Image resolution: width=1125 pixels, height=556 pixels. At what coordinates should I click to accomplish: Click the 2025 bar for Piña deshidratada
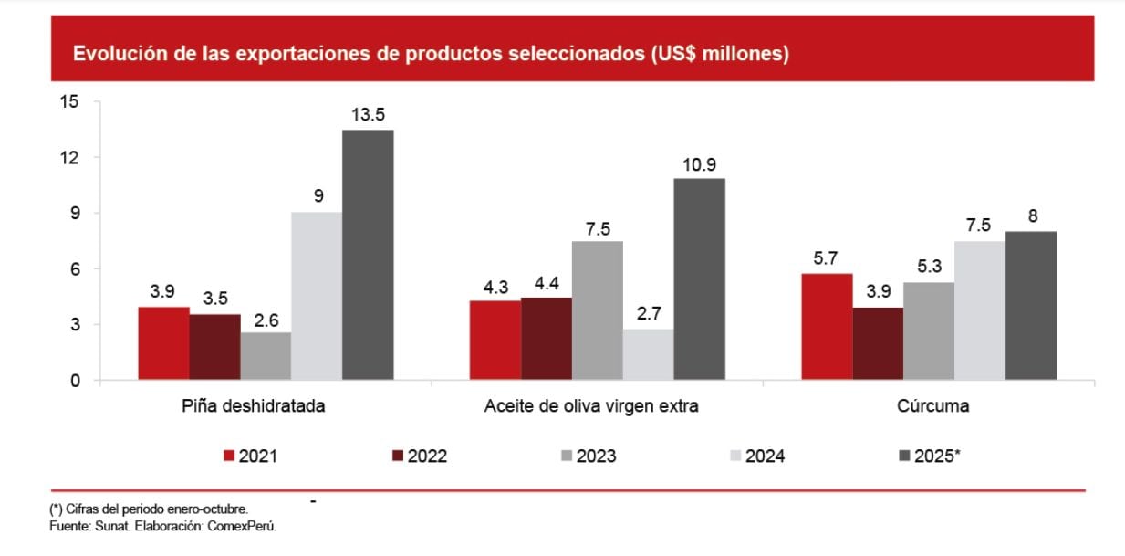(x=368, y=255)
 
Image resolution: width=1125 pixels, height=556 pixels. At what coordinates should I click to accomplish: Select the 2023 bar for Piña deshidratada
(x=266, y=356)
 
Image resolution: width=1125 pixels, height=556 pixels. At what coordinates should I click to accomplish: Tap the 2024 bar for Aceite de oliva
(x=648, y=354)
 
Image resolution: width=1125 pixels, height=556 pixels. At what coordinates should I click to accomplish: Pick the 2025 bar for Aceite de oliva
(x=700, y=278)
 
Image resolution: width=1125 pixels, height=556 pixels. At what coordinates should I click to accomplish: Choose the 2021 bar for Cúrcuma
(x=827, y=327)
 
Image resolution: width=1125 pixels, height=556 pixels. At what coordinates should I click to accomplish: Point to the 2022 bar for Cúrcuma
(x=878, y=343)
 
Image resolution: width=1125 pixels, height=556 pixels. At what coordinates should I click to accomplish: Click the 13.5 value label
(x=368, y=114)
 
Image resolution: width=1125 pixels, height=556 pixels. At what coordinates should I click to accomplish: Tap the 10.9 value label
(x=700, y=163)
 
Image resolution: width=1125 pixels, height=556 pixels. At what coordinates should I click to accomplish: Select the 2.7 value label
(x=648, y=314)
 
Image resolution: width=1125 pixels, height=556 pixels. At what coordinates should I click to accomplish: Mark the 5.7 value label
(x=827, y=258)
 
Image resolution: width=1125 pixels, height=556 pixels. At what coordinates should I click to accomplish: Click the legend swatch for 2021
(x=229, y=456)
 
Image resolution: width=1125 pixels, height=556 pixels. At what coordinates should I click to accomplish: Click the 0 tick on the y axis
(x=75, y=380)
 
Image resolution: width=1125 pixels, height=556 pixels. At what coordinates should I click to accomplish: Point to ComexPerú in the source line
(x=245, y=527)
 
